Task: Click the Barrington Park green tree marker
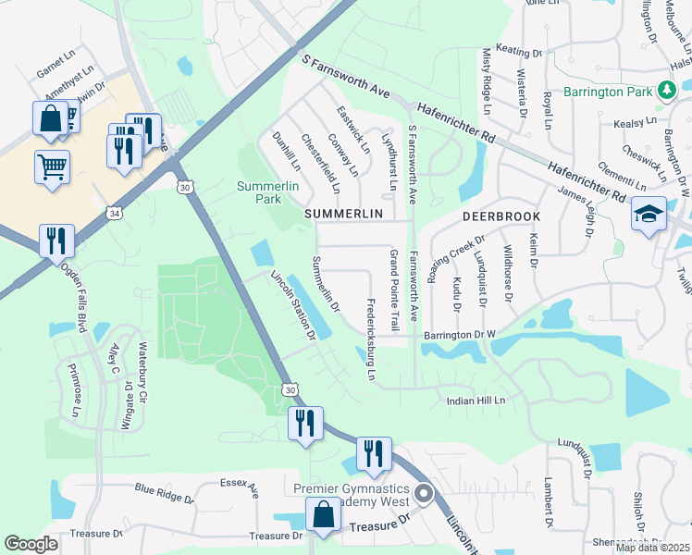(x=666, y=91)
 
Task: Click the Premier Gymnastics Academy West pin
(x=425, y=493)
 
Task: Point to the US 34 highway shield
(x=114, y=213)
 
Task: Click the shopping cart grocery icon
(x=52, y=167)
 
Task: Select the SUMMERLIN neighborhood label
(x=343, y=214)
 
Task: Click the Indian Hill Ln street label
(x=476, y=401)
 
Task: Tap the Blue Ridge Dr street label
(x=164, y=493)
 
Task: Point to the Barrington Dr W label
(x=460, y=335)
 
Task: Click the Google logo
(x=31, y=544)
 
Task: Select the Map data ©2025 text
(x=652, y=548)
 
